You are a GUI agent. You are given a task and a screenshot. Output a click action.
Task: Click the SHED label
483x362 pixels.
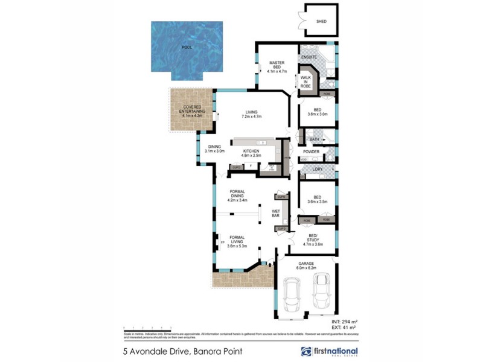pos(321,21)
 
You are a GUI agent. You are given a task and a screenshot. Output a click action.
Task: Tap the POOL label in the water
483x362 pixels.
pos(188,46)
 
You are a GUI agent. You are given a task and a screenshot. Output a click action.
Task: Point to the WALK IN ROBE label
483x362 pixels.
pos(305,81)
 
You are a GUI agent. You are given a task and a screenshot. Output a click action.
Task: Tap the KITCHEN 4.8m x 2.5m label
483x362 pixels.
pos(251,153)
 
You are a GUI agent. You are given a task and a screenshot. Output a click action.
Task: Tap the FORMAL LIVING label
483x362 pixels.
pos(237,241)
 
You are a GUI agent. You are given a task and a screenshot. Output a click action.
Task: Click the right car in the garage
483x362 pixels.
pos(322,291)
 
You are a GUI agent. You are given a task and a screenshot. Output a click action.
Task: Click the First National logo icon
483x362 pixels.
pos(306,351)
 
